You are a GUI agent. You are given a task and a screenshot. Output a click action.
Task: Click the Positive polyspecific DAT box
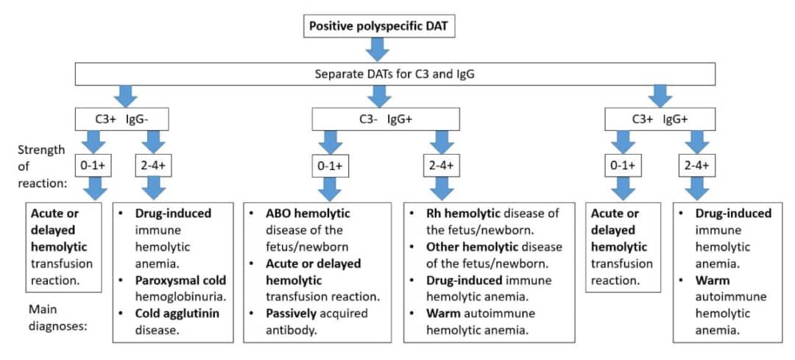pyautogui.click(x=378, y=26)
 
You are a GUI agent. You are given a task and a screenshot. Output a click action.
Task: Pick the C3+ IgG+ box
pyautogui.click(x=659, y=120)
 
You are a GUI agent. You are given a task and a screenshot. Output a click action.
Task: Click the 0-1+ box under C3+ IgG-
pyautogui.click(x=93, y=166)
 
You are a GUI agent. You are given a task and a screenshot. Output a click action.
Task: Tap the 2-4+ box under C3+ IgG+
pyautogui.click(x=696, y=166)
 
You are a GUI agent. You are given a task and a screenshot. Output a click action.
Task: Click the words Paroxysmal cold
pyautogui.click(x=181, y=280)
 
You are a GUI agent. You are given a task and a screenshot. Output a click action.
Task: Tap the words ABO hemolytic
pyautogui.click(x=308, y=213)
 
